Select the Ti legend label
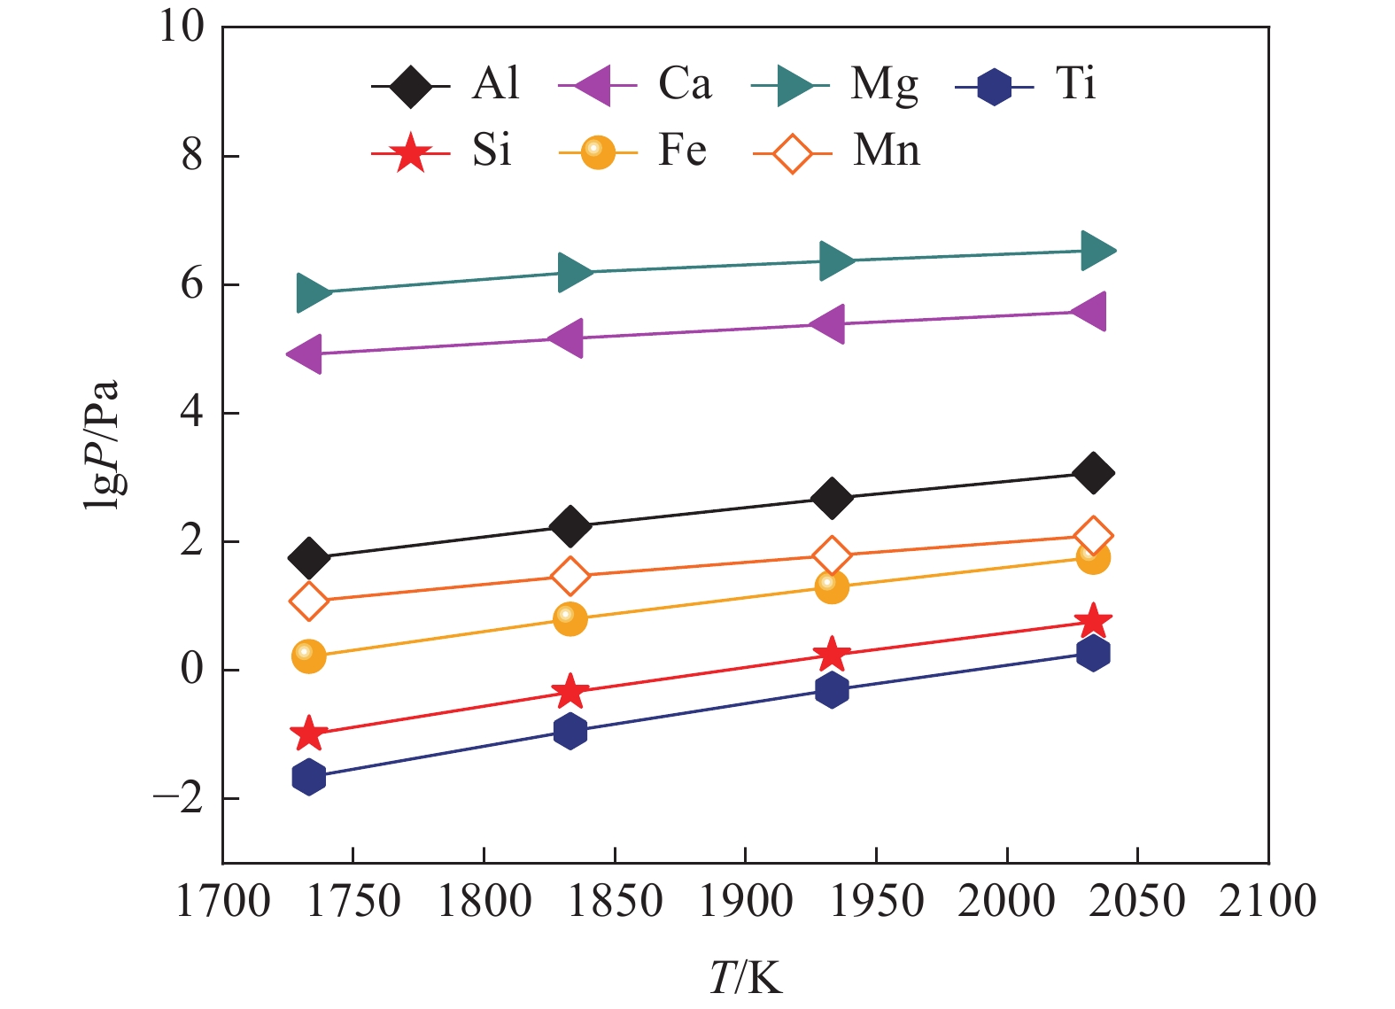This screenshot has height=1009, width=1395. point(1075,84)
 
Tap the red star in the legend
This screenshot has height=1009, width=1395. point(410,152)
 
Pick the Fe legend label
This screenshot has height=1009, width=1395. point(682,151)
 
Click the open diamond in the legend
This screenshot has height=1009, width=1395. point(792,153)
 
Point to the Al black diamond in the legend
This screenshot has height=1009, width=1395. point(410,87)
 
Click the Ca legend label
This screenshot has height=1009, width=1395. point(684,84)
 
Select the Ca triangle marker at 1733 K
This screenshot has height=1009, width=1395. point(306,354)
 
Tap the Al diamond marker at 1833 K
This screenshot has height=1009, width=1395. point(570,527)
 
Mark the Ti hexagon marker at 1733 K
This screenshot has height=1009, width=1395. point(308,777)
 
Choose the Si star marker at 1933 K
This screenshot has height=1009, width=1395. point(831,655)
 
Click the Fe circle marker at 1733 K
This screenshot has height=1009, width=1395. point(308,656)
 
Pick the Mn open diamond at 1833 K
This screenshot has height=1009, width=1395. point(570,576)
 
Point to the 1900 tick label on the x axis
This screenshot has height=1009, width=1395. point(745,902)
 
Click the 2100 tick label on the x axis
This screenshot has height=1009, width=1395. point(1267,902)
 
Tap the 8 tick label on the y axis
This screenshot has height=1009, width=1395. point(192,156)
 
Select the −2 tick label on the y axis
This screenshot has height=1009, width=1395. point(179,798)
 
